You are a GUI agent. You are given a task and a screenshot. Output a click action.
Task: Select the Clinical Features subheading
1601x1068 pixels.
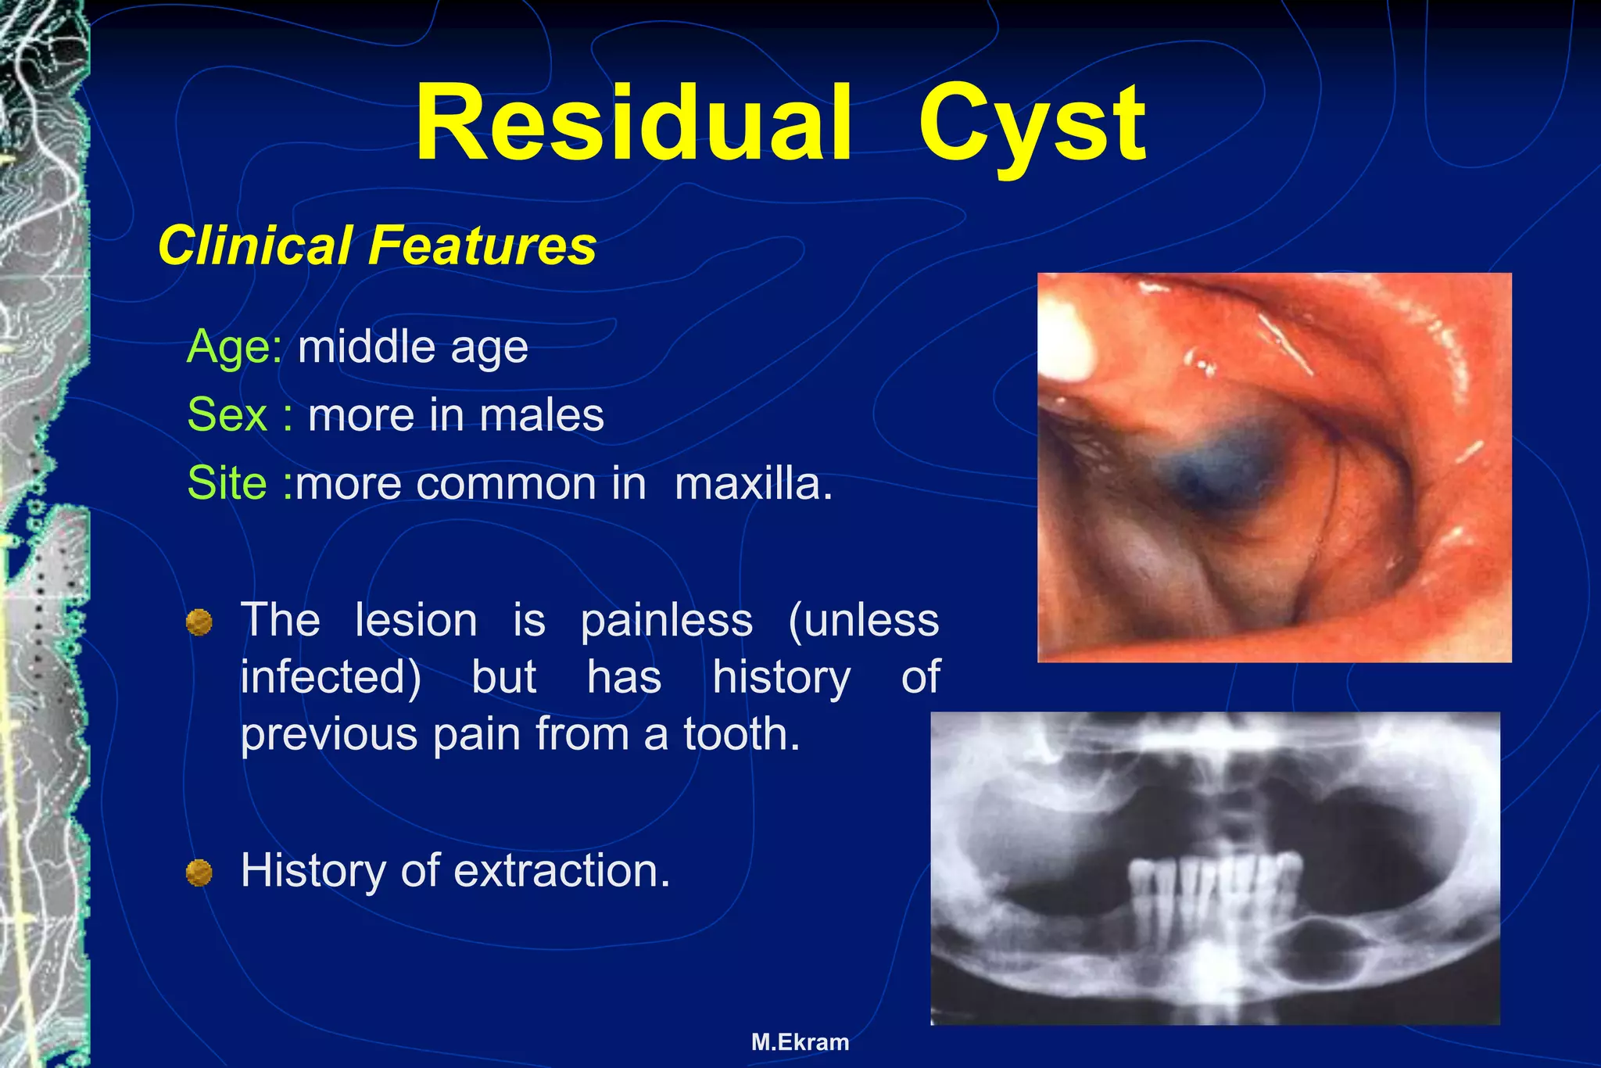tap(377, 245)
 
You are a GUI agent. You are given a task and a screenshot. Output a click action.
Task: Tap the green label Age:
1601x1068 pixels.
tap(235, 346)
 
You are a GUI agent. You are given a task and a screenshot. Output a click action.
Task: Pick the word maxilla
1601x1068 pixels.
tap(754, 483)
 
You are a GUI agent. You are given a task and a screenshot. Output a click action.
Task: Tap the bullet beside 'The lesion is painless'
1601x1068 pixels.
tap(199, 622)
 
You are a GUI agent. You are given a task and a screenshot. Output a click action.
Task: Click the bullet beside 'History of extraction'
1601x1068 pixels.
tap(199, 873)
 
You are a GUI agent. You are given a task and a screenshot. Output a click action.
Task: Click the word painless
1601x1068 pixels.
tap(666, 621)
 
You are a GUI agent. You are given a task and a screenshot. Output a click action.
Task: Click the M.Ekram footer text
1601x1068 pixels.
tap(800, 1042)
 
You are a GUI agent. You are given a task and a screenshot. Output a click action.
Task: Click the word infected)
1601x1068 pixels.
tap(331, 677)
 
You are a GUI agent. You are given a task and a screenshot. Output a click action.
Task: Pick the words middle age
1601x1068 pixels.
tap(413, 346)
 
